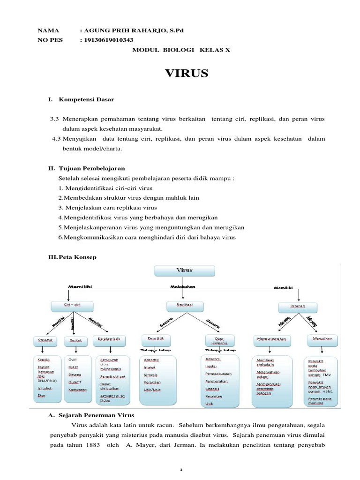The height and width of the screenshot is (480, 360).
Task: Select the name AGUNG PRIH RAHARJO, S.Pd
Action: click(132, 30)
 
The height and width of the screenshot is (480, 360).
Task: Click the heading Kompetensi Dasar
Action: click(86, 100)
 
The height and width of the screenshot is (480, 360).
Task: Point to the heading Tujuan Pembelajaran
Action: click(92, 168)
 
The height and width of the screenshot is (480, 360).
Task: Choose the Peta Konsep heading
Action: click(78, 257)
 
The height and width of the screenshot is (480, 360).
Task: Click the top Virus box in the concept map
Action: click(185, 270)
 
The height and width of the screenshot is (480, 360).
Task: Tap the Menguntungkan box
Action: click(272, 338)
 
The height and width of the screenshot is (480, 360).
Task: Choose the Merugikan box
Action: click(322, 338)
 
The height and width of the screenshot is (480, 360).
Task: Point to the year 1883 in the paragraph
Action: click(91, 444)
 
